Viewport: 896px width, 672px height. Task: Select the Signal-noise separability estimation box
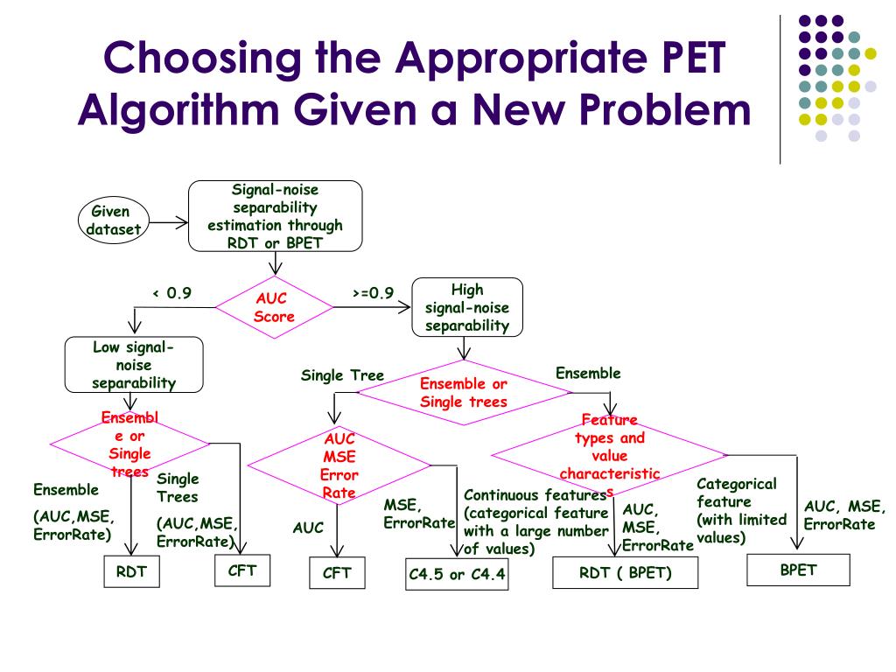[275, 215]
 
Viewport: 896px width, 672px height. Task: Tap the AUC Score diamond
[274, 306]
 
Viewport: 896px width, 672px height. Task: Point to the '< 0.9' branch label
[171, 293]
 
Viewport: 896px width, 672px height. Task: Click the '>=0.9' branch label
[373, 293]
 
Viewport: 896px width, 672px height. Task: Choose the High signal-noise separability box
[466, 307]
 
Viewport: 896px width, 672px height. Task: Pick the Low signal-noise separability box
[133, 365]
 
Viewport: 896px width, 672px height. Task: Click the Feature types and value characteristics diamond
[609, 455]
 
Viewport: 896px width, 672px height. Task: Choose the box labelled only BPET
[797, 570]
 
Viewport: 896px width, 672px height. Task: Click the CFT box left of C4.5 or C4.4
[336, 574]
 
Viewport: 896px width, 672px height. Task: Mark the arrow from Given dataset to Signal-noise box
[169, 222]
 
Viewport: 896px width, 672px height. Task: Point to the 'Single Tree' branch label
[342, 375]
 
